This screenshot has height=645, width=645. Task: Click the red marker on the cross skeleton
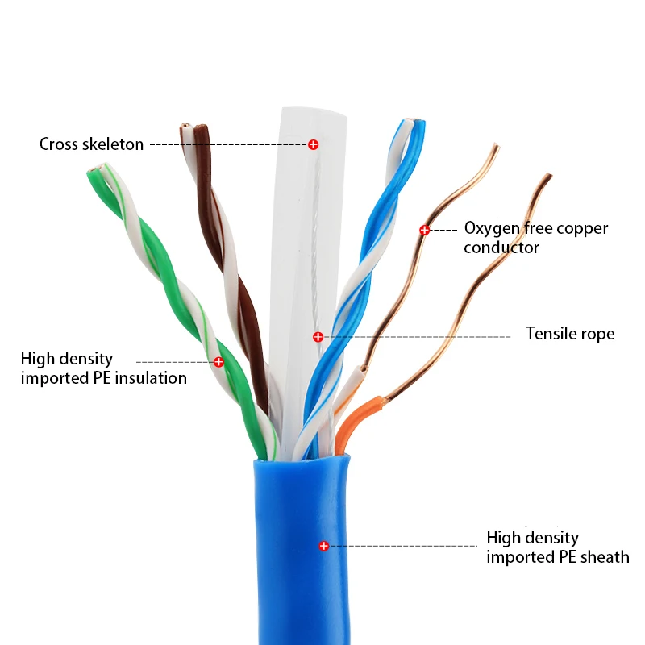point(313,144)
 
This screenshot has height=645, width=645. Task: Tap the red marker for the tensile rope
point(318,336)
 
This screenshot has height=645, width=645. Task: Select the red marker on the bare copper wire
point(424,230)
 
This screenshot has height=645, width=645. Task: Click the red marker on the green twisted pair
point(218,362)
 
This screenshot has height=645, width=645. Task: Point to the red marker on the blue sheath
point(324,546)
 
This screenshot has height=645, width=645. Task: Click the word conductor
point(501,248)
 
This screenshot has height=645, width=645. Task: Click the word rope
point(599,334)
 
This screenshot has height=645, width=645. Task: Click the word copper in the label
point(584,229)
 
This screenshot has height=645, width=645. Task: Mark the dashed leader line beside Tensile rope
point(419,336)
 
